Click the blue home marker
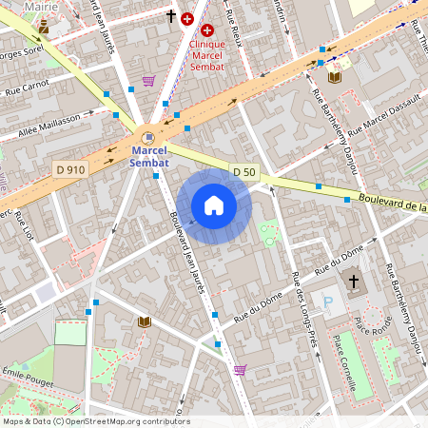(214, 205)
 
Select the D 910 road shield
(66, 167)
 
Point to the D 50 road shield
(243, 171)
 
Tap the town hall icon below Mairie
(43, 28)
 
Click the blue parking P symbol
(329, 302)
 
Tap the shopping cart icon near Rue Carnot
(148, 81)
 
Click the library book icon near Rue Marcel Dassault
(334, 76)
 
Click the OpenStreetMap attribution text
(95, 421)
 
